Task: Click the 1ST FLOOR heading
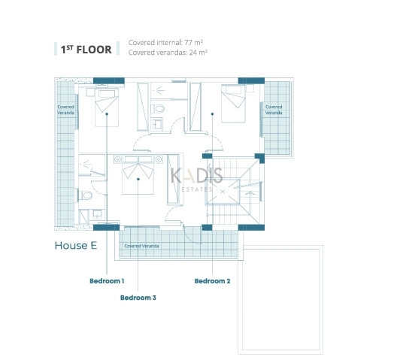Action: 86,50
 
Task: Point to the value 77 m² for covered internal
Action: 193,42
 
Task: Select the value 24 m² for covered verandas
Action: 199,53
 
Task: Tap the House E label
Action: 76,246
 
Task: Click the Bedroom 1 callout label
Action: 107,281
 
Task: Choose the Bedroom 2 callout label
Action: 212,281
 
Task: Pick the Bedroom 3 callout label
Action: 138,298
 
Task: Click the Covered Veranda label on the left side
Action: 66,110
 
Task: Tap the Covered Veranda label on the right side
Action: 274,110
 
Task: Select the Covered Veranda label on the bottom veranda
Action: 141,246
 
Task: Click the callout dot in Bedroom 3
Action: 138,179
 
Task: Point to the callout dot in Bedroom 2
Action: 212,113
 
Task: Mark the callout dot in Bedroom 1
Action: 107,113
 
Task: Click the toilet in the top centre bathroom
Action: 158,109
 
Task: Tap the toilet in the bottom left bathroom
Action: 85,195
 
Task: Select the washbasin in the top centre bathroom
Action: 158,124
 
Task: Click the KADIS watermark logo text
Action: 197,175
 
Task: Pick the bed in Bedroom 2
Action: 233,104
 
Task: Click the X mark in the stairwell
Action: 223,192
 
